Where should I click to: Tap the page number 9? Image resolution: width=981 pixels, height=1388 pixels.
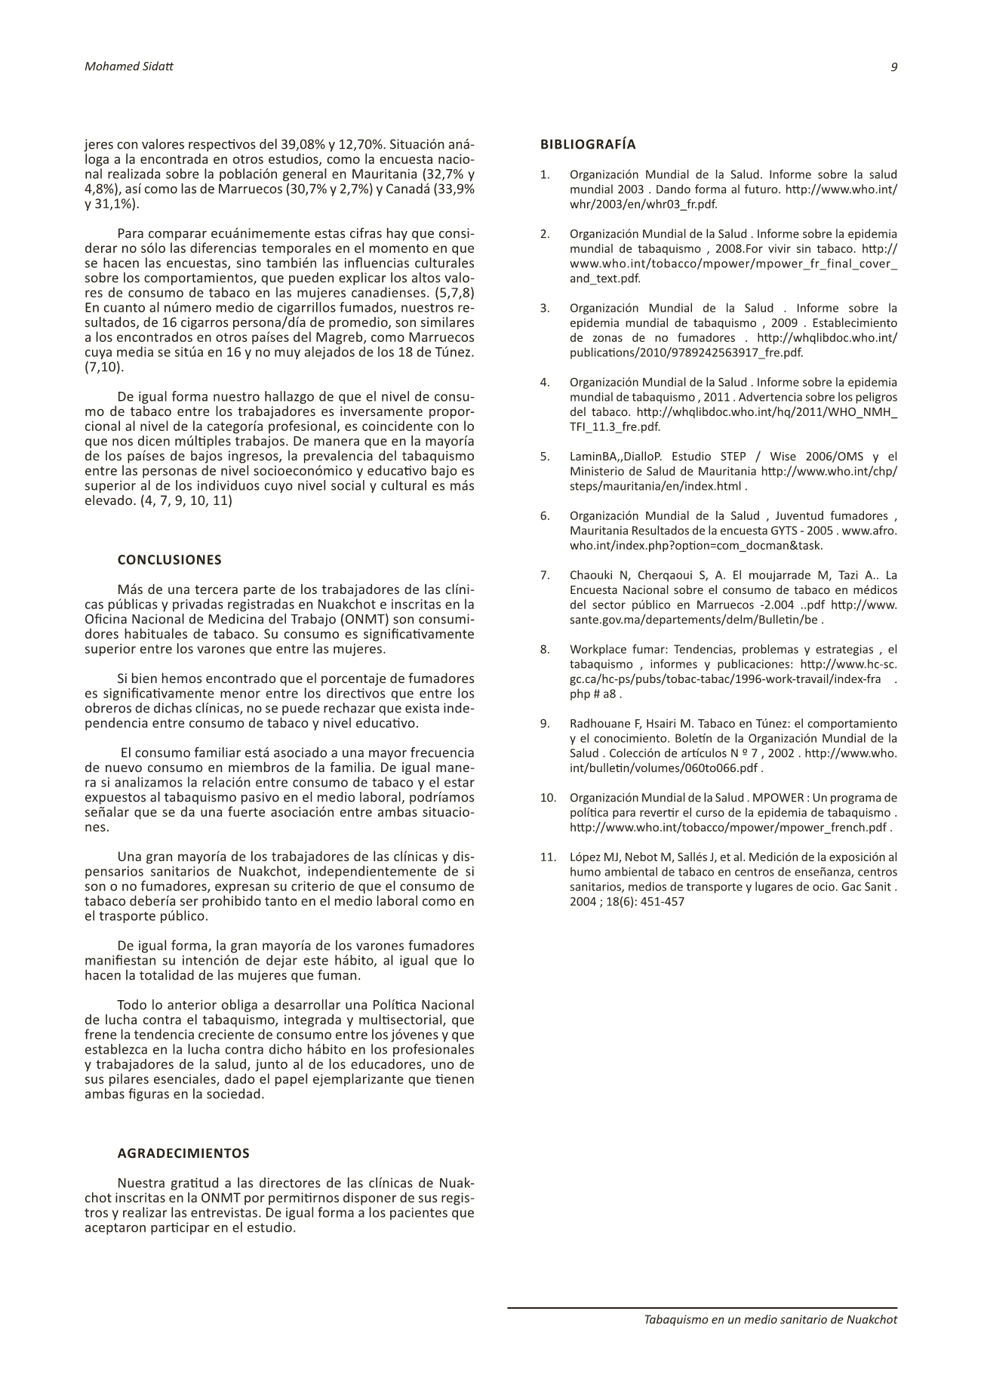click(894, 66)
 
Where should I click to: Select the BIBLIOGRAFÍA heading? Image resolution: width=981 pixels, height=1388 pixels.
click(588, 144)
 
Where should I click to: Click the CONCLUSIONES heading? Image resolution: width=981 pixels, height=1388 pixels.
click(169, 560)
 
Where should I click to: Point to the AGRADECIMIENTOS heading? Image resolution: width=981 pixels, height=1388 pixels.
click(183, 1153)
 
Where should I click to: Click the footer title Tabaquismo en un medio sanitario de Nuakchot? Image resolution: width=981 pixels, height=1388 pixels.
click(770, 1320)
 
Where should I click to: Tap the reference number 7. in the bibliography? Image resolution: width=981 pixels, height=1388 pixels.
click(545, 575)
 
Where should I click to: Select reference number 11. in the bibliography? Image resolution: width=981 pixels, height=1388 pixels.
click(547, 857)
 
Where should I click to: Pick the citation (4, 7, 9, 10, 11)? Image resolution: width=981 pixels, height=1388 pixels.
click(186, 500)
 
